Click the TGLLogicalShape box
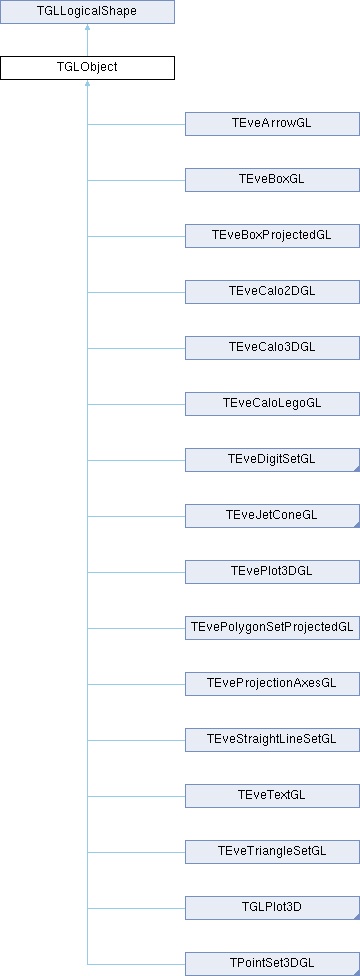click(87, 12)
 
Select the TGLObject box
click(87, 68)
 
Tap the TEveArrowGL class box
click(272, 124)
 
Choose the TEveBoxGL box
click(272, 180)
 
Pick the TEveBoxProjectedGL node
click(272, 236)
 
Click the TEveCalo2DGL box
click(272, 292)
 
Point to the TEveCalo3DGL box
click(272, 348)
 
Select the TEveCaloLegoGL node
click(272, 404)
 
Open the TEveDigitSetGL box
click(272, 460)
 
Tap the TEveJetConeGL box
click(272, 516)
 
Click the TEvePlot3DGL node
click(272, 572)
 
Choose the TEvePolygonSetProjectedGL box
click(272, 628)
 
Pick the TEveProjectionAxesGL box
click(272, 684)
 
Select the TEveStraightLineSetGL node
click(272, 740)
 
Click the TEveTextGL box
click(272, 796)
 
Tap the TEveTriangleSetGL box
click(272, 852)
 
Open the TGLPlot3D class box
click(272, 908)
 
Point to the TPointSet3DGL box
click(272, 964)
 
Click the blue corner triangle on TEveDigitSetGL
click(358, 469)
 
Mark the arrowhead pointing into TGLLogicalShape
click(87, 27)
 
